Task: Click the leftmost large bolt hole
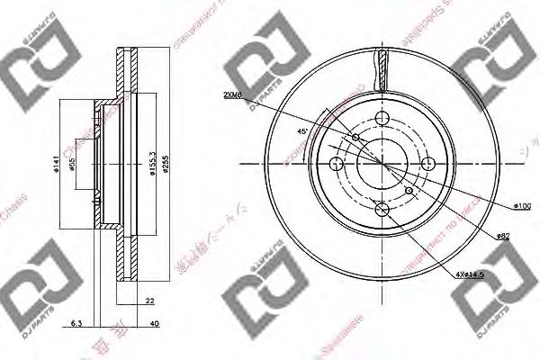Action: click(337, 164)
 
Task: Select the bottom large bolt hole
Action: click(382, 210)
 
